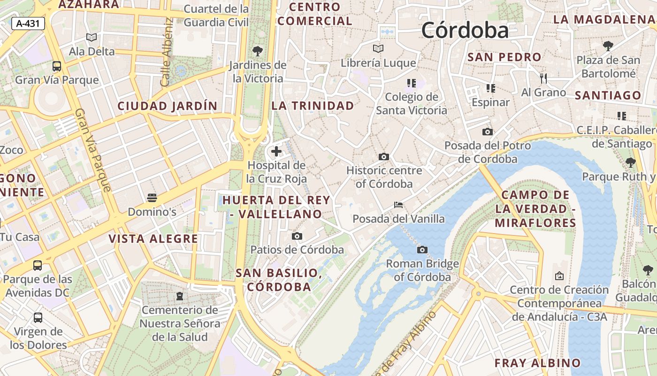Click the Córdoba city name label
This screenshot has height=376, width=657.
465,31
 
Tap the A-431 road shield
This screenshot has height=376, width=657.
28,23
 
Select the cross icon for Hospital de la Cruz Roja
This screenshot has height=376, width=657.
276,151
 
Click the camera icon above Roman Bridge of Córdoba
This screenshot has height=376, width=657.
422,250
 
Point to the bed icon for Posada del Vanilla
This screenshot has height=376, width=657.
398,205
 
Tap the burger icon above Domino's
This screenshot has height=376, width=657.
152,198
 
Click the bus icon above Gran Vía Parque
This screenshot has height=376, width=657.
57,66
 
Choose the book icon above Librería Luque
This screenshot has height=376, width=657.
378,48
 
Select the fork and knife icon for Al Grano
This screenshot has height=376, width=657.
543,78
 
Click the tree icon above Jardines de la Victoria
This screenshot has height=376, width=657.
257,51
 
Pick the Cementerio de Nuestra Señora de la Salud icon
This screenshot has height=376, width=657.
179,296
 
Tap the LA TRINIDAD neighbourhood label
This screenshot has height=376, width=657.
313,106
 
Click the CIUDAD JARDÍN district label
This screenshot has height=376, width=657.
168,106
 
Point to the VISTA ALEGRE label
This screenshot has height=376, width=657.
153,239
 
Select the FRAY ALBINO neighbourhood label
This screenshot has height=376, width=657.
538,363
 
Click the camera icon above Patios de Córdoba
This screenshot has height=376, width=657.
297,236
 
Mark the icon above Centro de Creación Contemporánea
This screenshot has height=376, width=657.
559,276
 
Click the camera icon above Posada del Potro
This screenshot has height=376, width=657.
488,132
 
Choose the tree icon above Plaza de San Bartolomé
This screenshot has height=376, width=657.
608,46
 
